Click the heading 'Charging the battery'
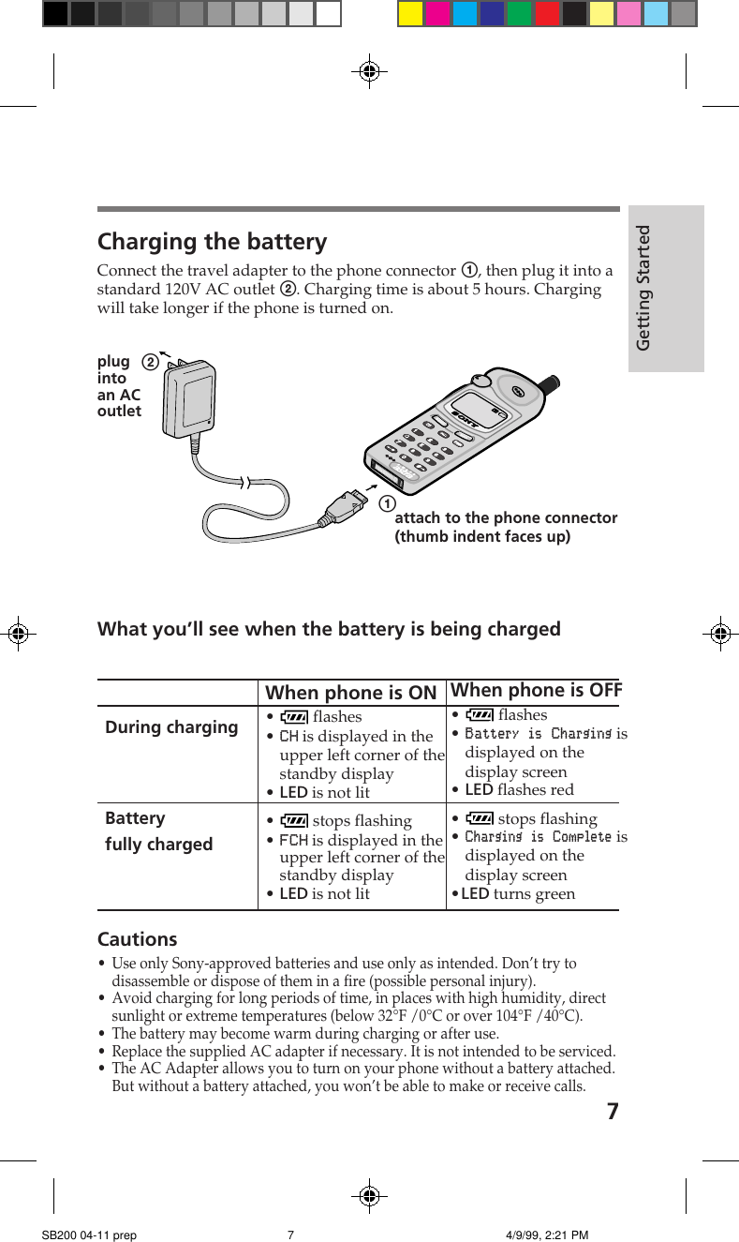click(213, 242)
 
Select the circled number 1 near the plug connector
click(385, 504)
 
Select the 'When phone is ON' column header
click(351, 693)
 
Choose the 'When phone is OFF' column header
click(536, 690)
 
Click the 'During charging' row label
click(171, 727)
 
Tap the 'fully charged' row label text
click(159, 844)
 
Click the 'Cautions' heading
click(137, 939)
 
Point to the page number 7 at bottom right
click(612, 1112)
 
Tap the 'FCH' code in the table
click(293, 840)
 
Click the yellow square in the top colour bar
click(410, 13)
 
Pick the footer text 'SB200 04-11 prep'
click(89, 1235)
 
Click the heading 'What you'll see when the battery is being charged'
click(329, 629)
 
